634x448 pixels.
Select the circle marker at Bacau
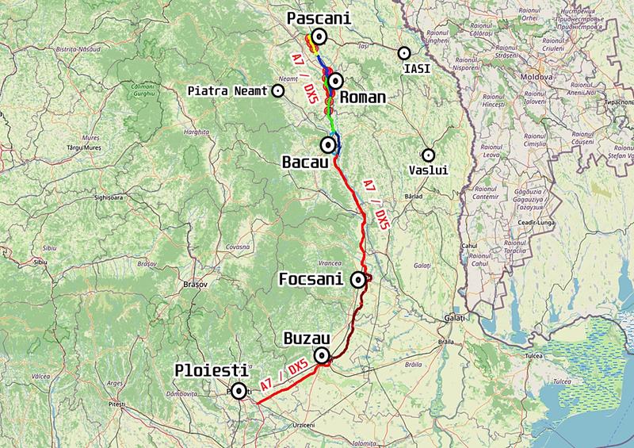328,144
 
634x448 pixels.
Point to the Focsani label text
315,280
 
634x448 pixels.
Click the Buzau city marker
322,356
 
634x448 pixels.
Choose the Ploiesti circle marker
237,390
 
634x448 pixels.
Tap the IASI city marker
404,53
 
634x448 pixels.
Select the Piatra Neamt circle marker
278,90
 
